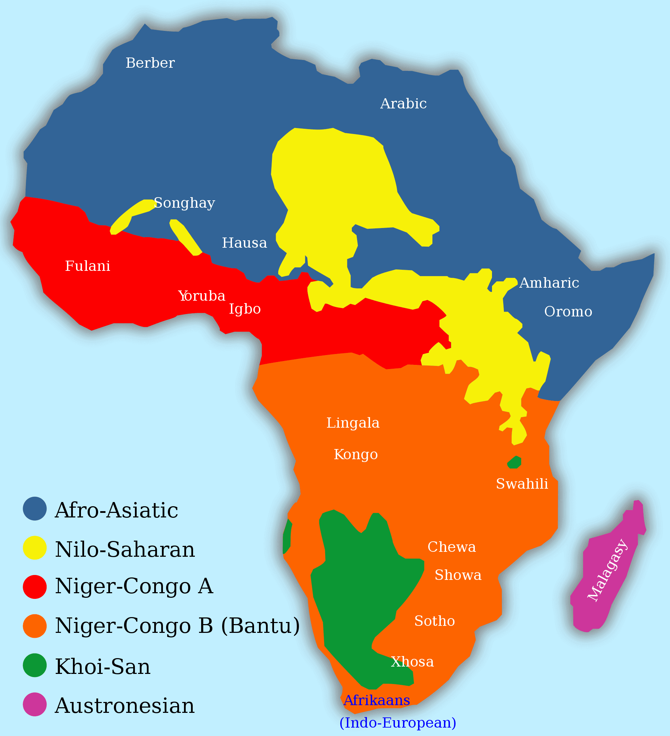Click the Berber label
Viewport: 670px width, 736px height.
pos(150,63)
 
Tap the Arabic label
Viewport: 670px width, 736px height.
pos(403,104)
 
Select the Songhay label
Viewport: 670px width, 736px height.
pos(185,203)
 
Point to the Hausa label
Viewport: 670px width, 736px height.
pos(244,243)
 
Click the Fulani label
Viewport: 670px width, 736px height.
pos(88,266)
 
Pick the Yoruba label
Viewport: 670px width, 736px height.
pos(202,296)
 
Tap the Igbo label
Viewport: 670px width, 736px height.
pos(245,309)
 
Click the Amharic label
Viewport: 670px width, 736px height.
pos(549,283)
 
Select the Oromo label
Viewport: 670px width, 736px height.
pos(568,312)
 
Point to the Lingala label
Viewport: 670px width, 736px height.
pos(353,423)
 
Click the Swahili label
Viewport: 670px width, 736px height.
pos(522,484)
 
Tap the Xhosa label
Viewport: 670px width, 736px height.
pos(412,662)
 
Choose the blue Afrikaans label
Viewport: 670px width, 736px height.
pos(377,700)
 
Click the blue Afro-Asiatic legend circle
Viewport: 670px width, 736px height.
pos(35,509)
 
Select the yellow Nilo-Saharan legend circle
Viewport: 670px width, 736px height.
pos(35,548)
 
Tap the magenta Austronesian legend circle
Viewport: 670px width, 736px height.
pos(35,704)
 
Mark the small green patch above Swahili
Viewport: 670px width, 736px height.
pos(514,462)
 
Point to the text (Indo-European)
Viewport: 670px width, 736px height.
pos(398,723)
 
